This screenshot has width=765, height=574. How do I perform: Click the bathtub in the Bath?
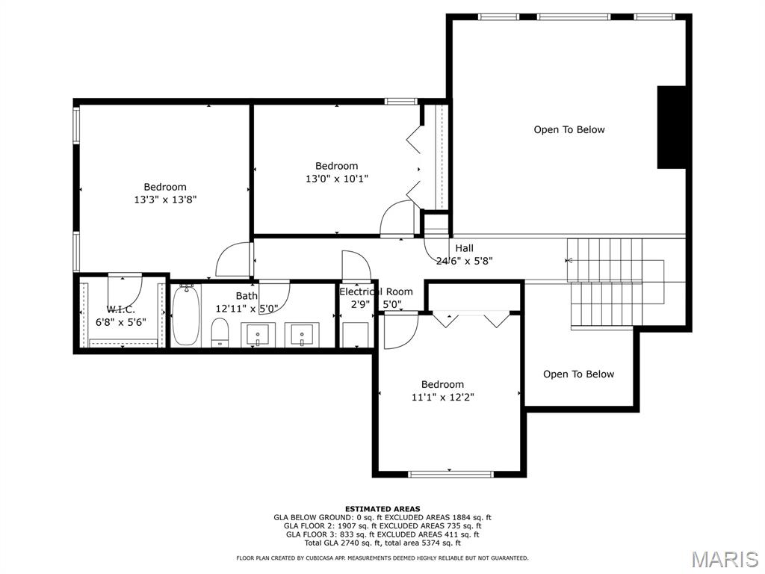(186, 315)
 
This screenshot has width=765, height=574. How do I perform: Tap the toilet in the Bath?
(220, 333)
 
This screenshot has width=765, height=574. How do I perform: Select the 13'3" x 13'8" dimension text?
(165, 200)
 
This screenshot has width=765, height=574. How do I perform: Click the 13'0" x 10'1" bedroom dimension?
(337, 179)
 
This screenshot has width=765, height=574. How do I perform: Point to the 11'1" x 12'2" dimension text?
(442, 398)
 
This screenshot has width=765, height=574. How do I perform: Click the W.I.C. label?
(120, 309)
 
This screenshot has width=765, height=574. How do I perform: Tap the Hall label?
(464, 248)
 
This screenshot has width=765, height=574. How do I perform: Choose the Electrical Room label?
(376, 292)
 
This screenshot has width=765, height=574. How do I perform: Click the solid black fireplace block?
(672, 127)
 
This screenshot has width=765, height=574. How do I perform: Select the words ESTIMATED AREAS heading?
(382, 509)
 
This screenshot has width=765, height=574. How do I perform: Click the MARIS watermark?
(725, 560)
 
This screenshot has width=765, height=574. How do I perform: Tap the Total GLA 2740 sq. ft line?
(382, 543)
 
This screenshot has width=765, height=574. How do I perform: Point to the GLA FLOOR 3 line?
(382, 534)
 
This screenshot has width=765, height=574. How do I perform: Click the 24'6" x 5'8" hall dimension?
(464, 261)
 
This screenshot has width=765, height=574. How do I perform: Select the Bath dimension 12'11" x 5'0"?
(247, 309)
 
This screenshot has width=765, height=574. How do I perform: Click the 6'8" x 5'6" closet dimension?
(120, 322)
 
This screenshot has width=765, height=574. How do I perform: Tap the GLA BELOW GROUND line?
(382, 517)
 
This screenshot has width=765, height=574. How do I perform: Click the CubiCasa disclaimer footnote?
(382, 558)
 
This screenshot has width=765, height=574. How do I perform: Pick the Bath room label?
(247, 296)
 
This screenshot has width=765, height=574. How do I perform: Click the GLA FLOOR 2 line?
(382, 525)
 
